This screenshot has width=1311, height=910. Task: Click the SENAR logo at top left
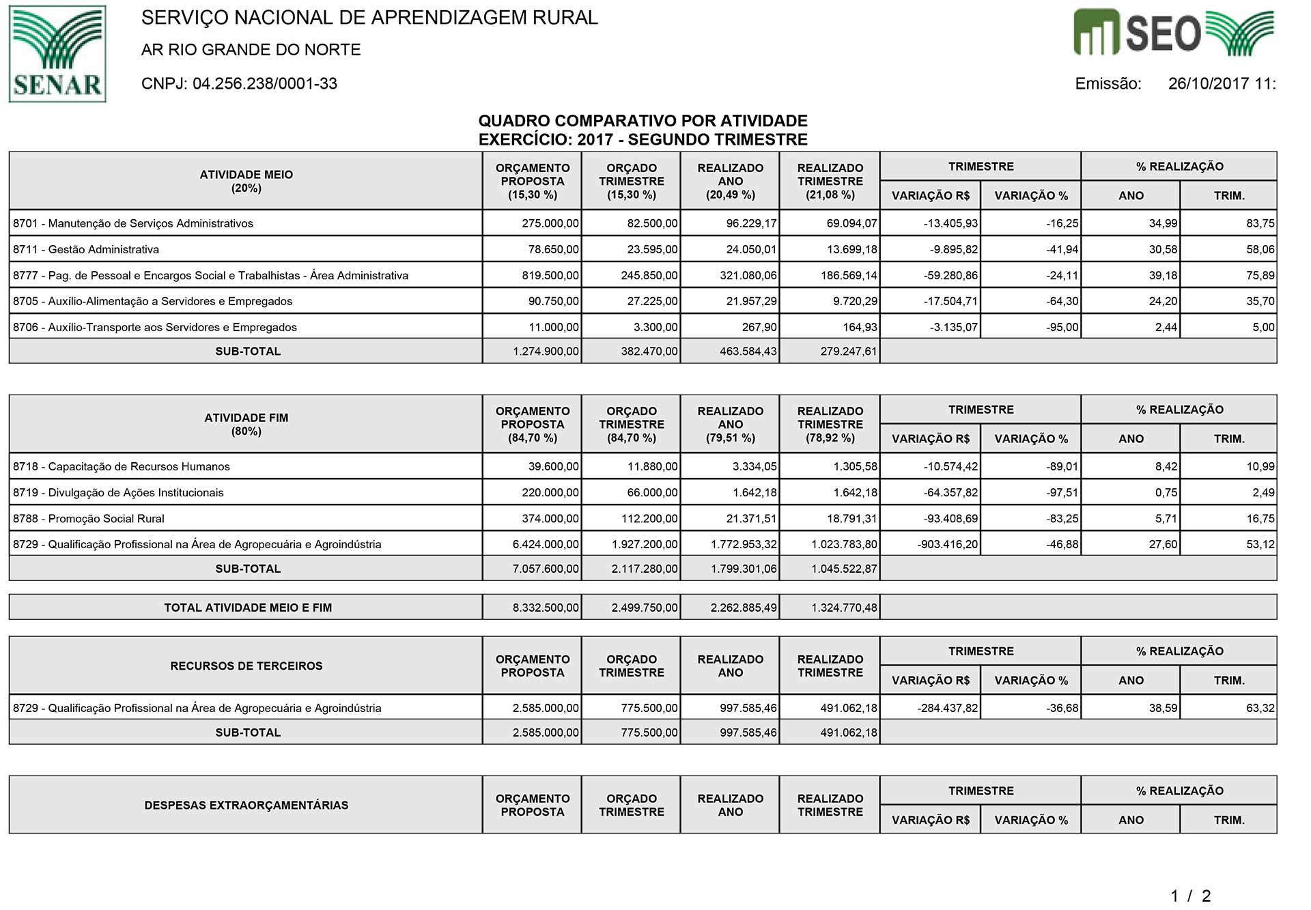click(x=57, y=54)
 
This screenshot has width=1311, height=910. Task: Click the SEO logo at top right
click(x=1174, y=32)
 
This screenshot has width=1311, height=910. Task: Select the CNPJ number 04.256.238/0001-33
click(x=265, y=83)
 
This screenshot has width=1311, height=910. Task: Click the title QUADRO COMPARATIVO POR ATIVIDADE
click(x=643, y=121)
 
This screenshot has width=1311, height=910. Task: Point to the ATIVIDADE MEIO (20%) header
click(x=246, y=181)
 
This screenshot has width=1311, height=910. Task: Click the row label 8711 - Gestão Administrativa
click(x=86, y=249)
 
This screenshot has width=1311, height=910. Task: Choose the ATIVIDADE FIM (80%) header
click(x=246, y=424)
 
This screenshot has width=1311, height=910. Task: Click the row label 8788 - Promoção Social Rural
click(x=89, y=518)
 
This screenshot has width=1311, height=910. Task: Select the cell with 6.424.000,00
click(x=546, y=544)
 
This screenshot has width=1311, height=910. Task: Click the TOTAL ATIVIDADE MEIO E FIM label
click(x=248, y=607)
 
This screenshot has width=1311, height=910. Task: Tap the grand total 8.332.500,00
click(x=546, y=607)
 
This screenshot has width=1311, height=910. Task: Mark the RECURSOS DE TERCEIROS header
click(x=246, y=666)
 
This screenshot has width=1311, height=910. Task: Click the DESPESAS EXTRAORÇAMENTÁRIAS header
click(x=246, y=805)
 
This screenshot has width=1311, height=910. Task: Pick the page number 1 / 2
click(x=1190, y=895)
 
